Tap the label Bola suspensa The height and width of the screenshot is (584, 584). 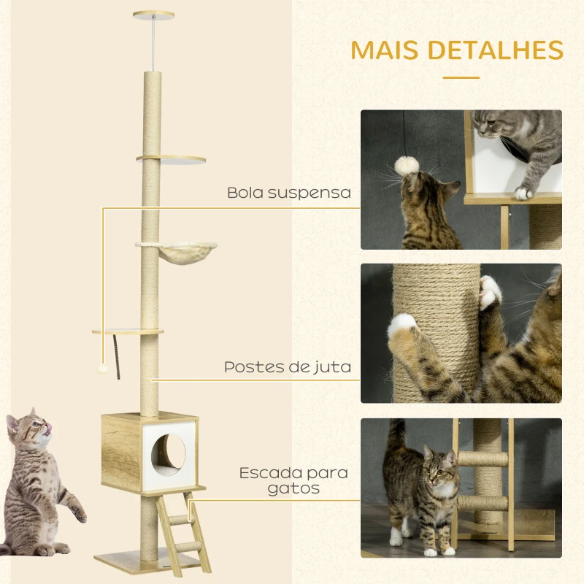point(289,193)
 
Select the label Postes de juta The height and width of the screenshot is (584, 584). point(288,367)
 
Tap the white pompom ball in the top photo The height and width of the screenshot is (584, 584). point(405,166)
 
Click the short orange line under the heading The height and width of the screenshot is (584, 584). point(461,77)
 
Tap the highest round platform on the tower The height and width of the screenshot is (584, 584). point(171,158)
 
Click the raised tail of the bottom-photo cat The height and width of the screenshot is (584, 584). point(396,438)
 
